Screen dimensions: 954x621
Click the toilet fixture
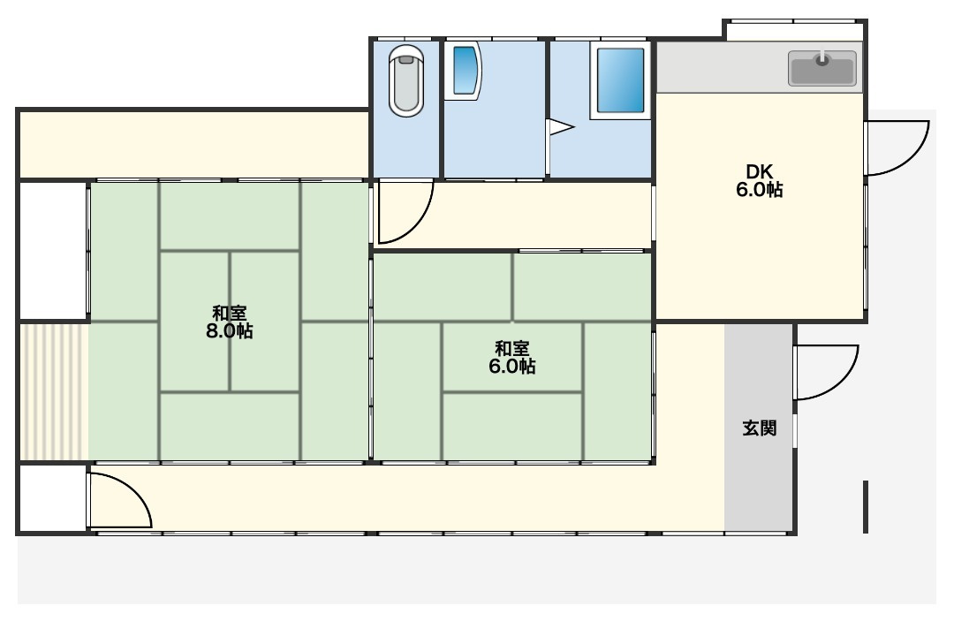click(405, 80)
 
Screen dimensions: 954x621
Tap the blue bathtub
click(620, 80)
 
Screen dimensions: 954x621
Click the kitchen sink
click(822, 67)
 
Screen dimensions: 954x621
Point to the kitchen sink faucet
click(822, 58)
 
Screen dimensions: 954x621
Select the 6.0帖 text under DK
click(760, 190)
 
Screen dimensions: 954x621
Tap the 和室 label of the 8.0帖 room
click(230, 314)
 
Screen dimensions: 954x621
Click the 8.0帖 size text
click(230, 331)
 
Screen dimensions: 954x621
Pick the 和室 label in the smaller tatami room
click(511, 349)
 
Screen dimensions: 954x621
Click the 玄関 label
click(760, 428)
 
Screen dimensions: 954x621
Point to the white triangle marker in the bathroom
click(561, 128)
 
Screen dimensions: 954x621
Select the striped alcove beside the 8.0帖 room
click(55, 391)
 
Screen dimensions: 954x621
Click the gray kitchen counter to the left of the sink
click(721, 67)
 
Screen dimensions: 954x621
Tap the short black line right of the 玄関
click(866, 507)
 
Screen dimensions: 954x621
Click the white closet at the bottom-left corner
click(53, 498)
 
